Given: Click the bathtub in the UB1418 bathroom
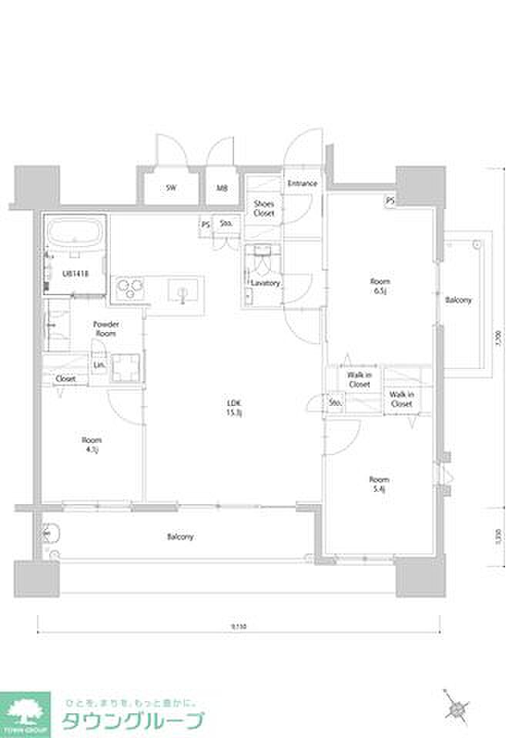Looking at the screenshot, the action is pos(75,231).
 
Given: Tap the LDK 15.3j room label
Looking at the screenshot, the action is pos(233,407).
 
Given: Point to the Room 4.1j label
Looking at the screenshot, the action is pos(92,445).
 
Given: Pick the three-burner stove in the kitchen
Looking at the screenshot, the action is pos(130,289).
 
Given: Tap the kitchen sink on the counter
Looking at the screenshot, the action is pos(184,291).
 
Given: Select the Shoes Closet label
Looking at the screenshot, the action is pos(264,208).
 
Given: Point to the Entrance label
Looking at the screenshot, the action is pos(303,184).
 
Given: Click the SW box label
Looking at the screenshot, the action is pos(171,188).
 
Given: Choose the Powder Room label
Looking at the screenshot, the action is pos(105,329).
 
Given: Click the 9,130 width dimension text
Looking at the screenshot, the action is pos(239,627).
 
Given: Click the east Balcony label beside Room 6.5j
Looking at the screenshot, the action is pos(459,300).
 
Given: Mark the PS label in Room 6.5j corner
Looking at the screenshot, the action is pos(390,201).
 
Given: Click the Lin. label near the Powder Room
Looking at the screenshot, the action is pos(99,364).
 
